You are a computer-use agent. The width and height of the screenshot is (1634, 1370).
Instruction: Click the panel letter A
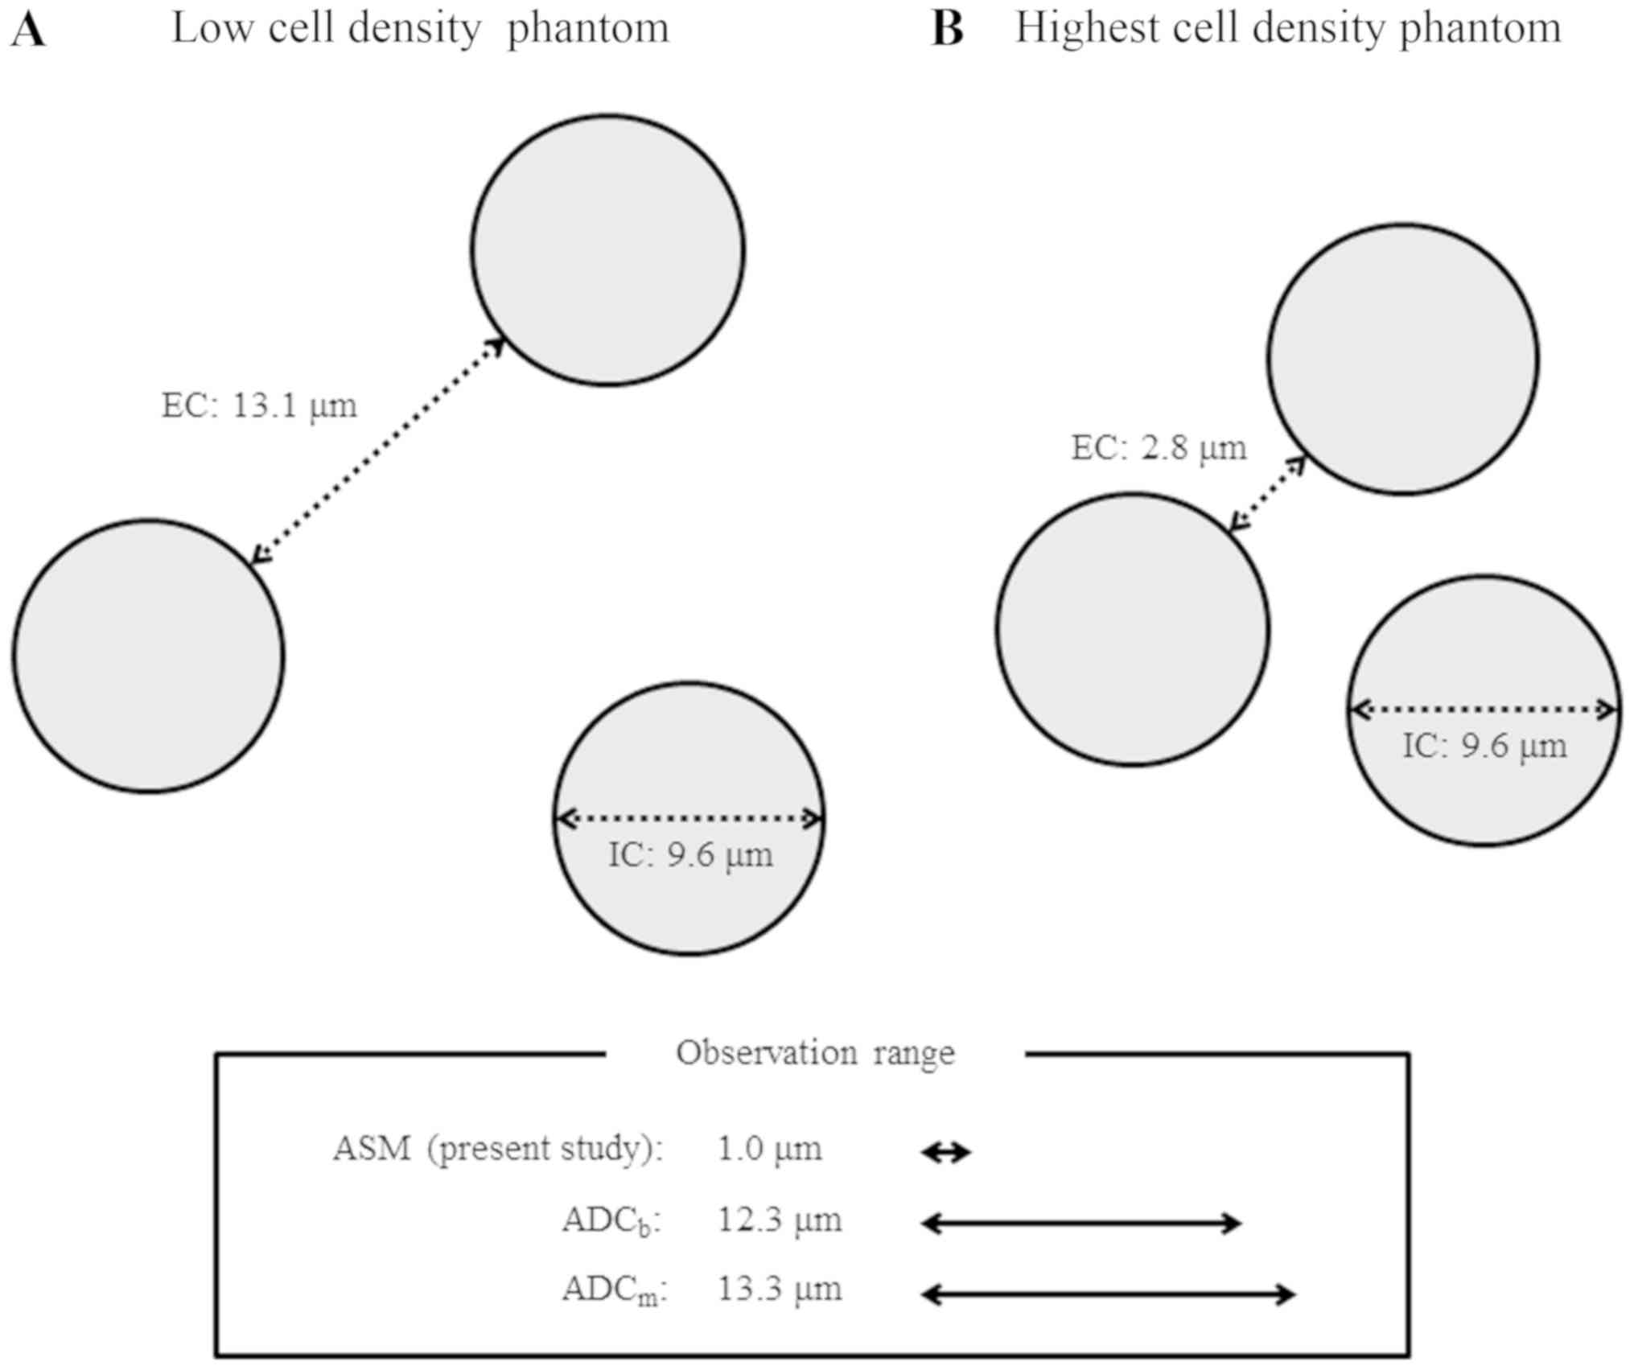(28, 31)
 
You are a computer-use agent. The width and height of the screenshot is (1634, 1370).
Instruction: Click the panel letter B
(947, 31)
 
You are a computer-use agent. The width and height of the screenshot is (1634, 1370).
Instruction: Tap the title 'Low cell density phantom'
(420, 29)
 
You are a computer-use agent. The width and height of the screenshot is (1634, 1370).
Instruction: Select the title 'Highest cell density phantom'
(1287, 29)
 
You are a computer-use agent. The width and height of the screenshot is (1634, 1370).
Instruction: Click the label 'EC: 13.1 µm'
(259, 405)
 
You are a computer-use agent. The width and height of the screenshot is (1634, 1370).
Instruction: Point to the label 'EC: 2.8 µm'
(1159, 448)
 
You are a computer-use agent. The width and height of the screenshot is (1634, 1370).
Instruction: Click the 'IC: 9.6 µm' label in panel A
(690, 855)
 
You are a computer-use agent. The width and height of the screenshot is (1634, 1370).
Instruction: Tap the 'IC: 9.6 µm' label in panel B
(1484, 746)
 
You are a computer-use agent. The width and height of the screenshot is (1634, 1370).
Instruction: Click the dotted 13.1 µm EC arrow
(378, 450)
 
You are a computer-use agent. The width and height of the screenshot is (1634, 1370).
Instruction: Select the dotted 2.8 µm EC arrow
(1267, 494)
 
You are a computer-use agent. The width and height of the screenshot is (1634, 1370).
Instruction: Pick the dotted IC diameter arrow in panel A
(690, 819)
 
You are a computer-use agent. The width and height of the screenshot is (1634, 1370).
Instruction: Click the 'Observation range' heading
(815, 1053)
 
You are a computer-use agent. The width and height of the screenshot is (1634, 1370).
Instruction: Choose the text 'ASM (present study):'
(498, 1150)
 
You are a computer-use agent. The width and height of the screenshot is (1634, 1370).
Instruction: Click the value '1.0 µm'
(770, 1150)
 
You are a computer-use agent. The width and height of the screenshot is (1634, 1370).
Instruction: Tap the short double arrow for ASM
(946, 1153)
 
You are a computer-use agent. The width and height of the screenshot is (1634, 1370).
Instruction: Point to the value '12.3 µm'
(779, 1221)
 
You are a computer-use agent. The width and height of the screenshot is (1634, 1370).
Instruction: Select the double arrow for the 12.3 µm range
(1081, 1224)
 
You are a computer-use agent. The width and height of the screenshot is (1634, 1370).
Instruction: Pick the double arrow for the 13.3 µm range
(1108, 1294)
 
